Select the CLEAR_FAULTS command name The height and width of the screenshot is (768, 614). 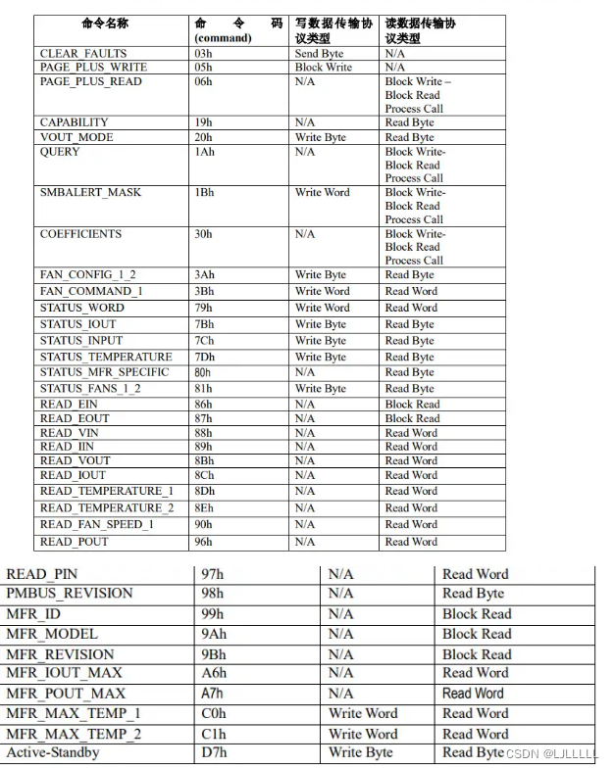[x=83, y=53]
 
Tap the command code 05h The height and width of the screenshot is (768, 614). [x=203, y=68]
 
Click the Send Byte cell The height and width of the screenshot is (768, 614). [x=320, y=53]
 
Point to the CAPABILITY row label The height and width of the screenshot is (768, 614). [x=75, y=122]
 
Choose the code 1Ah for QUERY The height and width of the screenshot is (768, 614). [x=205, y=152]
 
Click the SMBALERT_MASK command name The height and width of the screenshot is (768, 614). [x=90, y=192]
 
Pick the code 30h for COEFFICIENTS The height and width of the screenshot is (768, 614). [x=203, y=234]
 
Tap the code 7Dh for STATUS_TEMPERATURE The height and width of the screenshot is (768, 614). [x=204, y=357]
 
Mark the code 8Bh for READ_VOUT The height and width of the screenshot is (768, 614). [x=204, y=460]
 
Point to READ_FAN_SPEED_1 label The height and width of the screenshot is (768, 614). [x=97, y=524]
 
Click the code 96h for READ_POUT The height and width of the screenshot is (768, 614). [x=203, y=542]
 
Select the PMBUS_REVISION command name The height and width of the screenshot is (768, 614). [x=69, y=594]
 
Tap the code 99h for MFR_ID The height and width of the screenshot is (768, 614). [x=210, y=614]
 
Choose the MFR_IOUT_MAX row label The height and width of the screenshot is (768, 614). [x=65, y=673]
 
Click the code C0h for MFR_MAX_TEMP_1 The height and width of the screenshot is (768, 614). [x=211, y=713]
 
